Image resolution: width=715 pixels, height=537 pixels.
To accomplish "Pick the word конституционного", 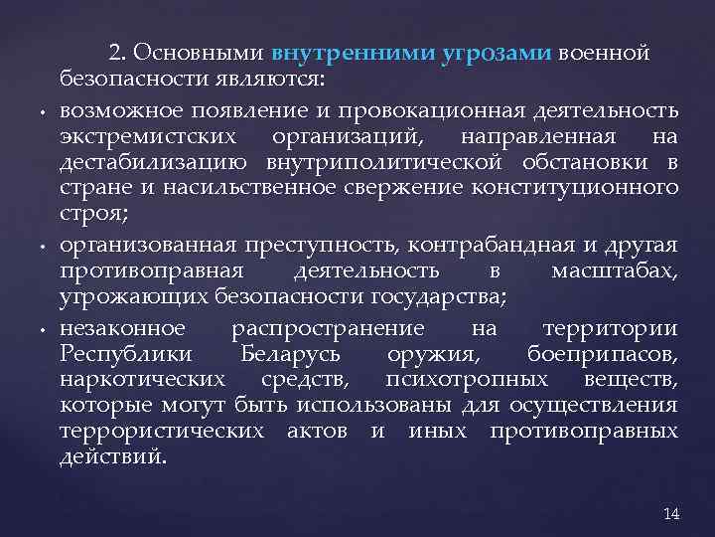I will pos(596,188).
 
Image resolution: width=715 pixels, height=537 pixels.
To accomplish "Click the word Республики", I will pos(117,353).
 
